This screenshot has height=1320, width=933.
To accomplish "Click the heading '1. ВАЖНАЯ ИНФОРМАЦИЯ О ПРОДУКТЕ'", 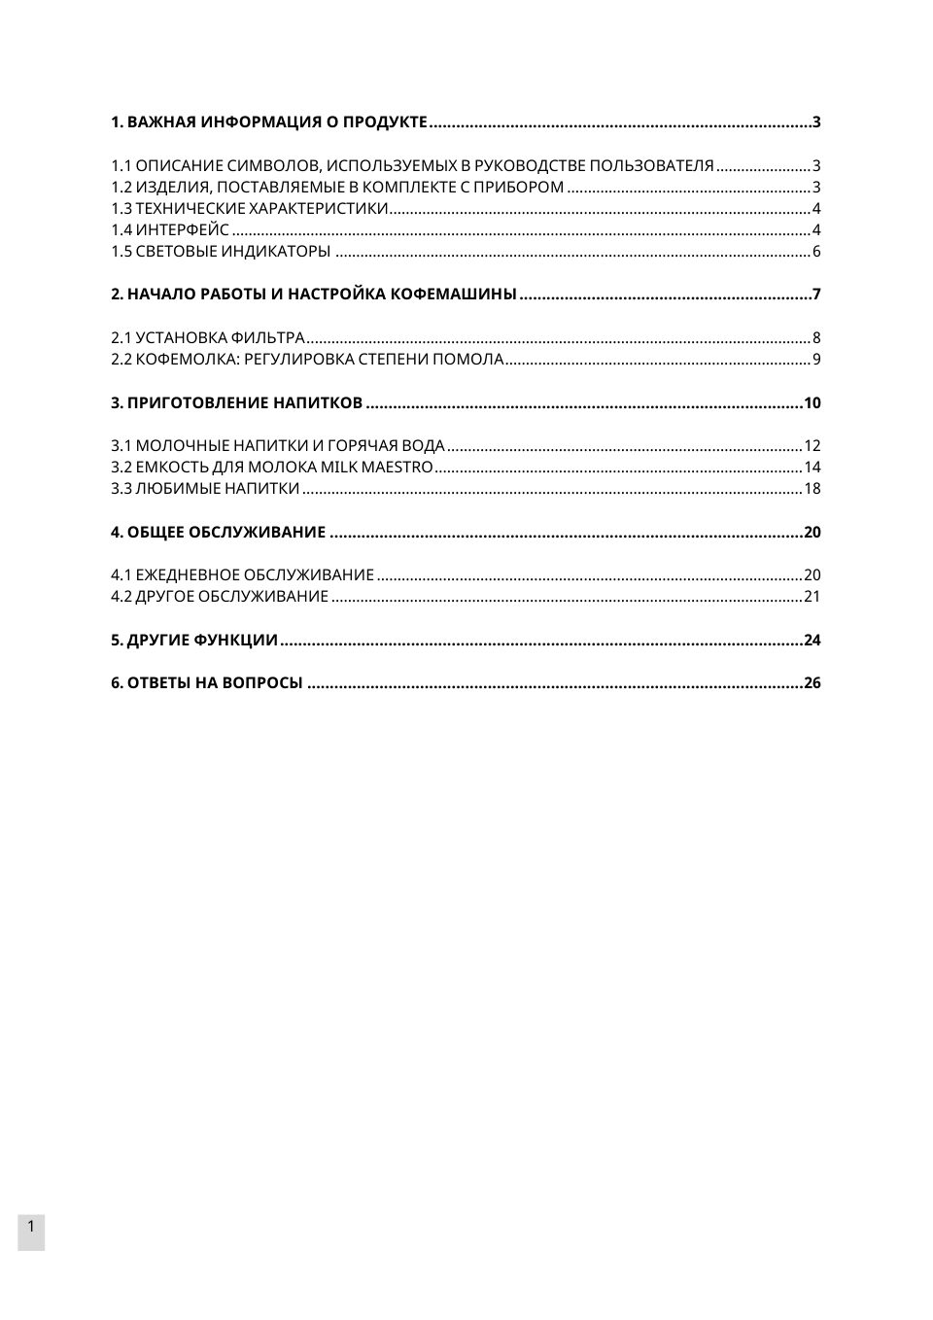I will click(x=268, y=122).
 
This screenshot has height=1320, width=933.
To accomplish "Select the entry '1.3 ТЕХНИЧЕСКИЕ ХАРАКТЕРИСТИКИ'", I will click(x=250, y=209).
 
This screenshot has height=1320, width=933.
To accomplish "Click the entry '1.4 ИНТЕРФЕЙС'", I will click(x=170, y=230).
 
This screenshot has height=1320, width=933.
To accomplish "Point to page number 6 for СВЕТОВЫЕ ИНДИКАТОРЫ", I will click(x=816, y=252).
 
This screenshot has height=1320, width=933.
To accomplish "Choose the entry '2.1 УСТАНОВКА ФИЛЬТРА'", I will click(x=208, y=338).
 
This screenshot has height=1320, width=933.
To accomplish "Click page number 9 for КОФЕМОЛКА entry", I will click(x=816, y=360).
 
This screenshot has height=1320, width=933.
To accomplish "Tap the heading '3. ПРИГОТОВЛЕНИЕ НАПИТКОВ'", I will click(x=236, y=403).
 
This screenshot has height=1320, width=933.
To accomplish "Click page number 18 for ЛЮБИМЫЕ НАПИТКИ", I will click(x=812, y=489).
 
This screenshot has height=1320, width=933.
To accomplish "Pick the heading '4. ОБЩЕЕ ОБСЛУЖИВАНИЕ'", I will click(x=218, y=533).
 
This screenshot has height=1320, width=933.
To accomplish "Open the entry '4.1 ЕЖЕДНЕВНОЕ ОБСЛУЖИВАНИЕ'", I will click(x=242, y=575).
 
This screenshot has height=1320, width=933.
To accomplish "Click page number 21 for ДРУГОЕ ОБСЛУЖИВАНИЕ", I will click(x=812, y=597).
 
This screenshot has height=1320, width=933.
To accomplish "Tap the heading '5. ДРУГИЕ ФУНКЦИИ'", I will click(x=194, y=641).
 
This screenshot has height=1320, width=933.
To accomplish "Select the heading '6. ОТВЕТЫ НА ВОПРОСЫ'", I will click(x=207, y=683).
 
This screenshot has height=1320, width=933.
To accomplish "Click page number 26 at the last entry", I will click(x=812, y=683).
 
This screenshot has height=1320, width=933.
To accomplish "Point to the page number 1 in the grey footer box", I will click(x=31, y=1227).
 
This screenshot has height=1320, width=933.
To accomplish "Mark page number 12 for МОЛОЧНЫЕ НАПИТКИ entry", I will click(x=812, y=446).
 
